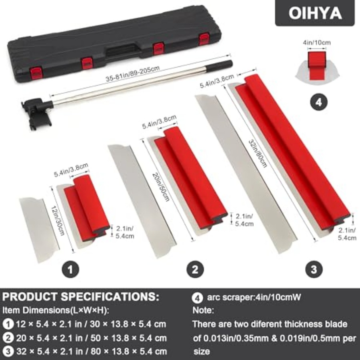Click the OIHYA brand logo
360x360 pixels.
(315, 13)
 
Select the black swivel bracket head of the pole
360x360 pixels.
(37, 112)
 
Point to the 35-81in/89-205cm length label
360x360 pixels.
(133, 74)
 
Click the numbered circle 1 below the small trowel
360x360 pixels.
(70, 269)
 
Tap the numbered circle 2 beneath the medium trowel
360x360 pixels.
(195, 269)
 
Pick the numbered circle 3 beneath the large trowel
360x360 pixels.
(314, 269)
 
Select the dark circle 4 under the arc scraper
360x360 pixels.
(319, 102)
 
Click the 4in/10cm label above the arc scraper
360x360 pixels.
(317, 42)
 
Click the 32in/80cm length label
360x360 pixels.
(258, 153)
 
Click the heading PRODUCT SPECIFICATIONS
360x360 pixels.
(80, 297)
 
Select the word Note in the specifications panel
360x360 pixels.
(203, 310)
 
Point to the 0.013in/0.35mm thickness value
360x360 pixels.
(236, 338)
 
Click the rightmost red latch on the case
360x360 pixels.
(204, 39)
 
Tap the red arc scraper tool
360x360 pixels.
(317, 66)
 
